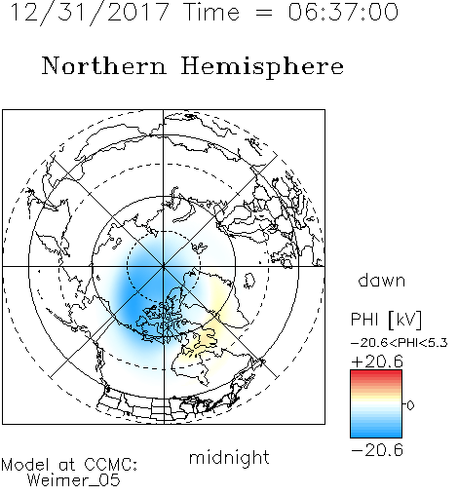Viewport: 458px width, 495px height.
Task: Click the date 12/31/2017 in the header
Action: [x=90, y=13]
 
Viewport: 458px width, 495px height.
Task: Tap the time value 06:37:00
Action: [x=343, y=12]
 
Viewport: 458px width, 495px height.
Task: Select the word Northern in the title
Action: [x=104, y=65]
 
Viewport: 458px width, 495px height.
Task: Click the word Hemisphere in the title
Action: [x=262, y=67]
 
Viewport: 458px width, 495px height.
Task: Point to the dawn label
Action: [x=382, y=280]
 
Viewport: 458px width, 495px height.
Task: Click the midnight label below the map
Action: [x=229, y=458]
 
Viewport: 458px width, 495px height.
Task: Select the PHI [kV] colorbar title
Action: [x=386, y=320]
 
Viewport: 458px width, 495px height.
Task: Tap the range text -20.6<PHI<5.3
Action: [x=400, y=343]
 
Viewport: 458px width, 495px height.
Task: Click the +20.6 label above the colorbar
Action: [x=377, y=362]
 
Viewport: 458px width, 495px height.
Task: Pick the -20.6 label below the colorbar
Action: [x=377, y=450]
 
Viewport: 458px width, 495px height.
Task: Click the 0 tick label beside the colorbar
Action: [x=410, y=405]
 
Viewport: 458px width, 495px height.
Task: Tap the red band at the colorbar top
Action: [x=376, y=374]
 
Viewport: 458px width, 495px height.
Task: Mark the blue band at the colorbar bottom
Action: [x=376, y=432]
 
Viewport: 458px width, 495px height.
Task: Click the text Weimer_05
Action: [x=74, y=480]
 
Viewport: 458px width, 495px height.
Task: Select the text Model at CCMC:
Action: [x=69, y=465]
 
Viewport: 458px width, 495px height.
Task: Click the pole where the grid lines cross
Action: [x=164, y=267]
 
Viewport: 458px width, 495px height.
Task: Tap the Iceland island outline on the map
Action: [x=249, y=281]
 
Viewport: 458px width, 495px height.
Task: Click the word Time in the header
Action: [x=211, y=12]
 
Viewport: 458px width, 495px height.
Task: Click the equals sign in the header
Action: [x=264, y=13]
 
